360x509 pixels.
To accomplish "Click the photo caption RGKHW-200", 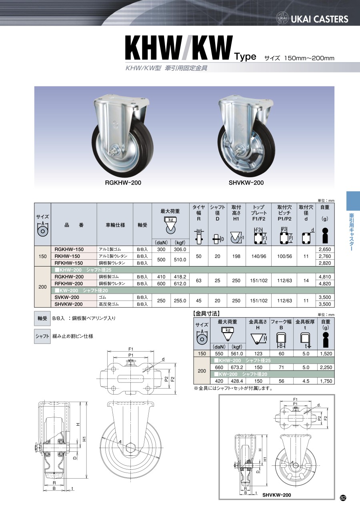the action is tap(123, 183).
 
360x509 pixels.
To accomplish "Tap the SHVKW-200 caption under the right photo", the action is tap(246, 183).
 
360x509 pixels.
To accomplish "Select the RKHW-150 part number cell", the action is tap(67, 256).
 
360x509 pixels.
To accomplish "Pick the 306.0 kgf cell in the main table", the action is tap(180, 249).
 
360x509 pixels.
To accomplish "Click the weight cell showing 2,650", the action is tap(325, 249).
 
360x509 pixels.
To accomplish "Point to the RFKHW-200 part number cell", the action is tap(68, 284).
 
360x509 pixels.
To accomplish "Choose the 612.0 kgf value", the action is tap(180, 284).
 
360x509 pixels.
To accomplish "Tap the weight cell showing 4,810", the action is tap(325, 277).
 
